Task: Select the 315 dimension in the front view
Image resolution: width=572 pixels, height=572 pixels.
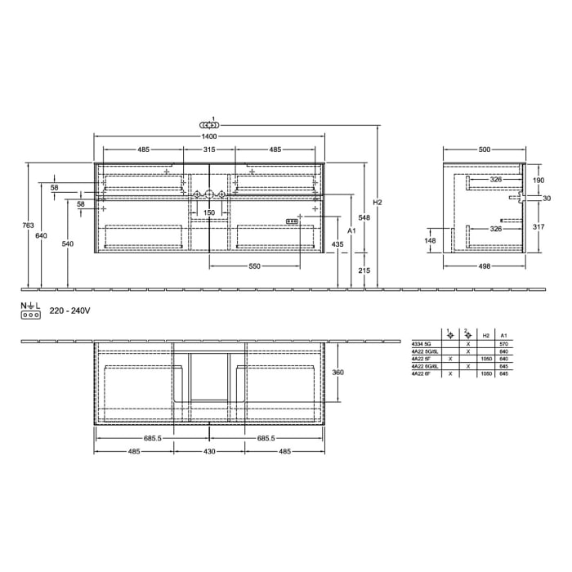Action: [209, 150]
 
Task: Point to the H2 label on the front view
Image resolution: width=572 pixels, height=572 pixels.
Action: [377, 203]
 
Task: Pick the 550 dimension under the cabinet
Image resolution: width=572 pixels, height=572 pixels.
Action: [254, 267]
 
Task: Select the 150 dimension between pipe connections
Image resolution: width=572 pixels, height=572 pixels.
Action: [209, 212]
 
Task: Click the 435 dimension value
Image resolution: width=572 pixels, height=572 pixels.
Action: [337, 244]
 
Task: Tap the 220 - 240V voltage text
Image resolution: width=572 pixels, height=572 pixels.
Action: [69, 311]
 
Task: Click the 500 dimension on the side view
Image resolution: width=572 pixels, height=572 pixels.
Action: [485, 150]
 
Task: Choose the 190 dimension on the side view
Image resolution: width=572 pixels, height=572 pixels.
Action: [538, 180]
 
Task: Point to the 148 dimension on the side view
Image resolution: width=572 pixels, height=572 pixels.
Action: [431, 240]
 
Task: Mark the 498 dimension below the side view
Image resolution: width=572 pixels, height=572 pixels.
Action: [485, 267]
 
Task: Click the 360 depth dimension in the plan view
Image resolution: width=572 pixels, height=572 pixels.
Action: [337, 372]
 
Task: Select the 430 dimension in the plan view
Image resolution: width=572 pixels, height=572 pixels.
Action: [209, 452]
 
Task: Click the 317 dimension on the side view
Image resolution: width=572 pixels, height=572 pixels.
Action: [538, 227]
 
